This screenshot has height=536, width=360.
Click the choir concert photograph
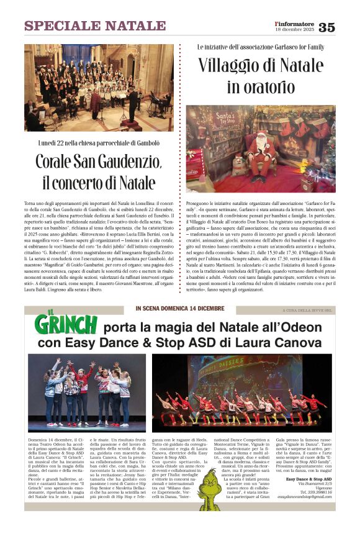pyautogui.click(x=99, y=87)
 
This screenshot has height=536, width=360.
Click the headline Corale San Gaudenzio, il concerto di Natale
pyautogui.click(x=99, y=171)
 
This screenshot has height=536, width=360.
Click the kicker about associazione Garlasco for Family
pyautogui.click(x=260, y=47)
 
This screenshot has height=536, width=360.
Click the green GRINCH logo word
pyautogui.click(x=66, y=324)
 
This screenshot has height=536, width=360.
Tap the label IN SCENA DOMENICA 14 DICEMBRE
pyautogui.click(x=179, y=309)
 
